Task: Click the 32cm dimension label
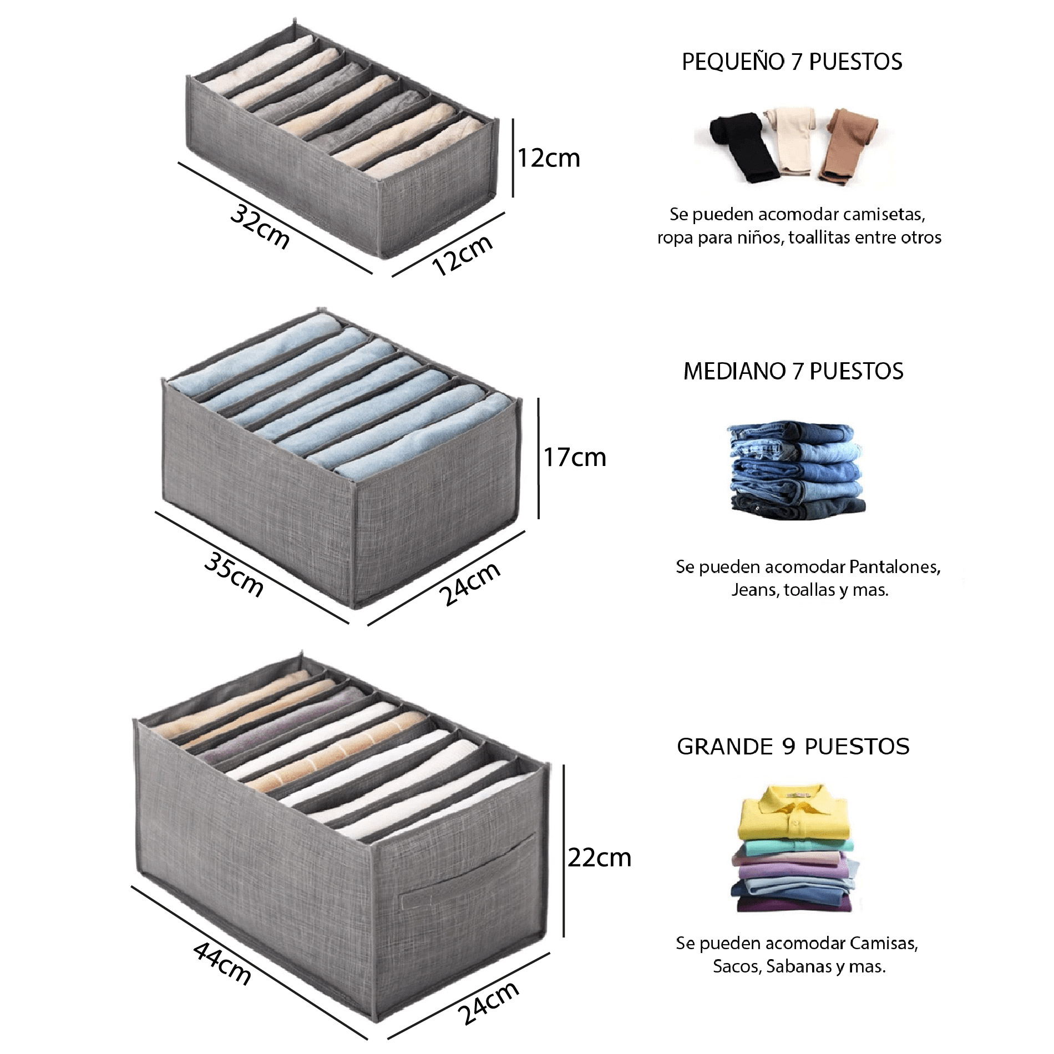(260, 227)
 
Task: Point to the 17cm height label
(574, 458)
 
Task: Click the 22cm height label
(599, 858)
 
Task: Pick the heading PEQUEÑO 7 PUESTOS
(792, 62)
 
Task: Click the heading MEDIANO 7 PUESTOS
(793, 371)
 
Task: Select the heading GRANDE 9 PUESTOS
(793, 747)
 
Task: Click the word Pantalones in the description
(894, 567)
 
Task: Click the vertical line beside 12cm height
(513, 158)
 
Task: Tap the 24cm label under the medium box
(469, 584)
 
